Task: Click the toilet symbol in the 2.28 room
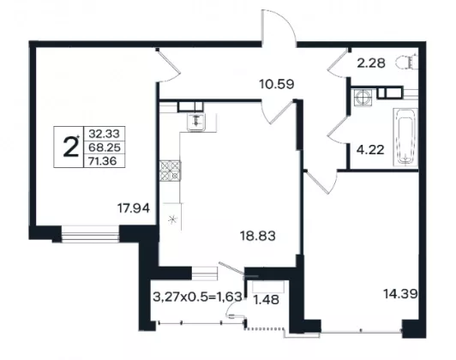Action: click(x=406, y=62)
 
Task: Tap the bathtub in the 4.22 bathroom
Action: click(x=405, y=137)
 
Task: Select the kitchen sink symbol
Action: click(x=196, y=122)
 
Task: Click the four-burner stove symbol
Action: click(x=170, y=171)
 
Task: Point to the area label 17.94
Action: click(x=134, y=208)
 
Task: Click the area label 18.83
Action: click(x=257, y=236)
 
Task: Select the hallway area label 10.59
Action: click(x=277, y=84)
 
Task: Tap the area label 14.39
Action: click(x=400, y=294)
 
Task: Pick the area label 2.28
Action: click(x=371, y=63)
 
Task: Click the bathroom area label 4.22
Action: click(x=370, y=150)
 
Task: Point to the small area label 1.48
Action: click(x=267, y=300)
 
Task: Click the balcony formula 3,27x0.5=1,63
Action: click(x=197, y=297)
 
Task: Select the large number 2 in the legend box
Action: click(x=70, y=147)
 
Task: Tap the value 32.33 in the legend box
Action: click(x=104, y=134)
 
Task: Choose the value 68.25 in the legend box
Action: click(x=104, y=147)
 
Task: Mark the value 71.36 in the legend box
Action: click(x=103, y=160)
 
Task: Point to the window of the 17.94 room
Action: click(x=90, y=233)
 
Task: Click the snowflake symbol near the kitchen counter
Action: click(x=173, y=219)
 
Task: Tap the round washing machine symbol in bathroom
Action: click(x=363, y=97)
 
